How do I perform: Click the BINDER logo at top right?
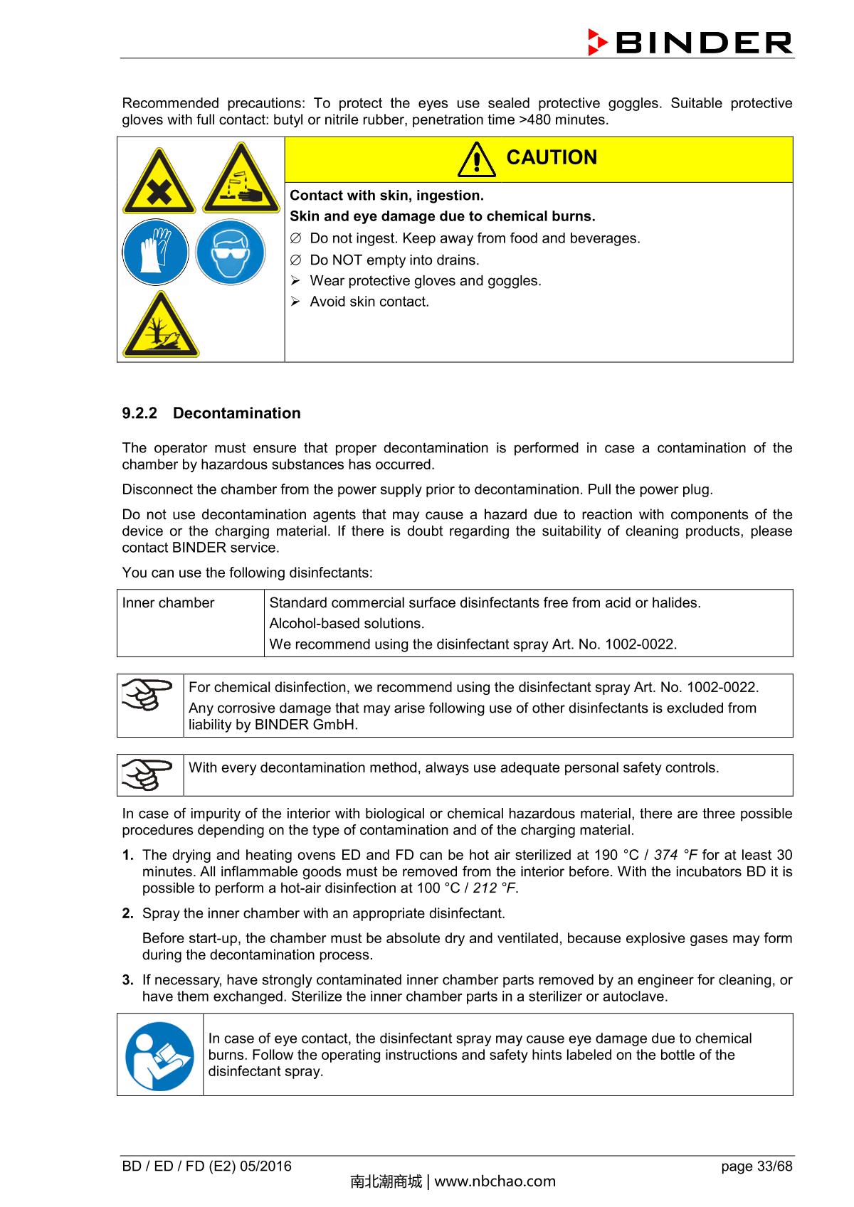[690, 43]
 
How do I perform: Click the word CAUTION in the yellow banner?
[552, 157]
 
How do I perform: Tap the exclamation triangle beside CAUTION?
[477, 159]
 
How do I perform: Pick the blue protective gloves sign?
[156, 252]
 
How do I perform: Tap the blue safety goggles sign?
[231, 252]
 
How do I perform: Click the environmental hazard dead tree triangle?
[161, 325]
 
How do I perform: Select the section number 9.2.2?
[139, 413]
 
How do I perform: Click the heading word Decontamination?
[236, 413]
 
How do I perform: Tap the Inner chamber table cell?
[169, 603]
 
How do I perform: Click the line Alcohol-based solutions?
[347, 624]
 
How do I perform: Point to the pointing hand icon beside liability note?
[147, 695]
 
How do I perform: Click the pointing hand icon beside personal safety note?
[147, 775]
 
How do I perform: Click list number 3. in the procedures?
[128, 980]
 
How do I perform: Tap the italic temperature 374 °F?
[675, 855]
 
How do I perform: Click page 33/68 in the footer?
[756, 1166]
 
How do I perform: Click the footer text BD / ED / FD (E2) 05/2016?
[207, 1166]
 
